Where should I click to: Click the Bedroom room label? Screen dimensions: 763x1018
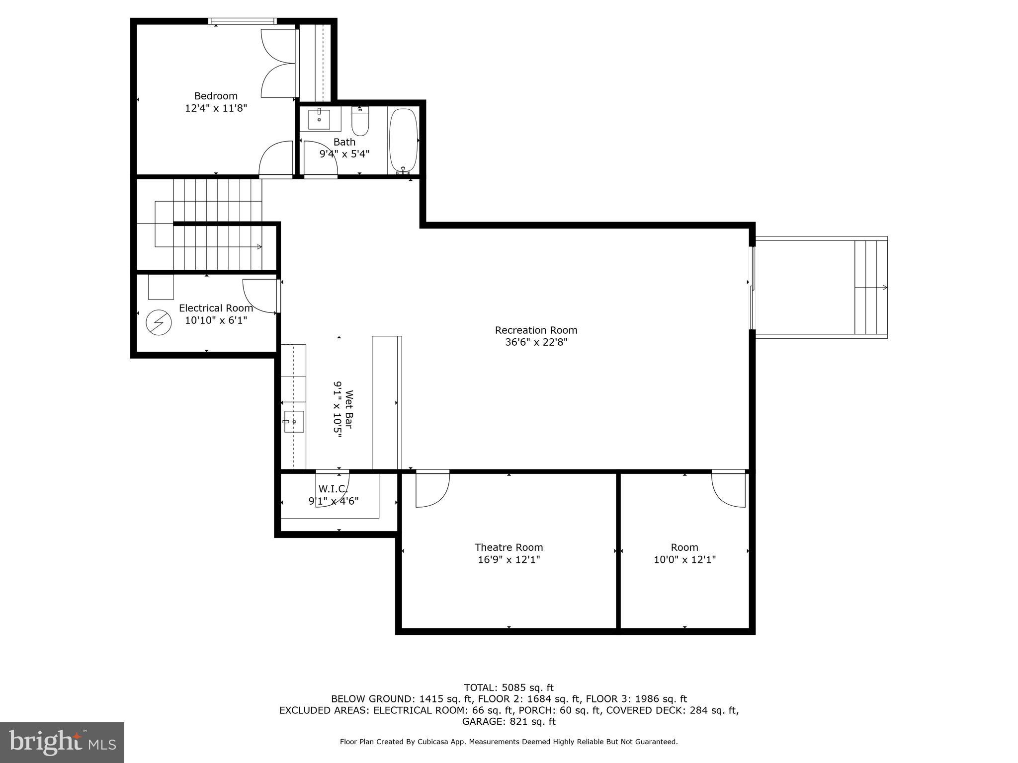(x=216, y=96)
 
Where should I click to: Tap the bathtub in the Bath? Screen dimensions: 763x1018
(x=403, y=140)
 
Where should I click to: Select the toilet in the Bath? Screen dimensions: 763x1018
(x=360, y=121)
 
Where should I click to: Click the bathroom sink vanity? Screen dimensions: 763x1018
(x=320, y=119)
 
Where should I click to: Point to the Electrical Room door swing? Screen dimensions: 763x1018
(x=259, y=296)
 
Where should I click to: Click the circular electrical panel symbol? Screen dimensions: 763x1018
(x=159, y=322)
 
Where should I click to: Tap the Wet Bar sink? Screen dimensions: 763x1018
(x=294, y=422)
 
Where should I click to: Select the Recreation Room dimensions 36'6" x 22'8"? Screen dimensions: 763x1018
(x=536, y=342)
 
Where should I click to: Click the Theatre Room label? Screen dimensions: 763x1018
(x=509, y=547)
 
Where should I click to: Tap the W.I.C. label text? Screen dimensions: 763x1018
(x=333, y=489)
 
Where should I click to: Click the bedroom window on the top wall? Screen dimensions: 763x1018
(x=242, y=21)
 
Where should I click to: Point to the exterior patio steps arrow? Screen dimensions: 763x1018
(x=884, y=287)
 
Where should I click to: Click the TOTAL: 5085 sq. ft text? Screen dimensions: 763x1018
(x=509, y=687)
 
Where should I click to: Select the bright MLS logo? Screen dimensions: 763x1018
(x=62, y=742)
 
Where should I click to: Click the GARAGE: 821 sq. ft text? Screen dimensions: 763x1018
(x=509, y=721)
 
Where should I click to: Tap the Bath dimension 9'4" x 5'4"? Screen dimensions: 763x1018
(x=344, y=154)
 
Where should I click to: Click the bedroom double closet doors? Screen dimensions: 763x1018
(x=278, y=63)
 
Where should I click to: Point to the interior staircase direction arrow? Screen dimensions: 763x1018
(x=259, y=246)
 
